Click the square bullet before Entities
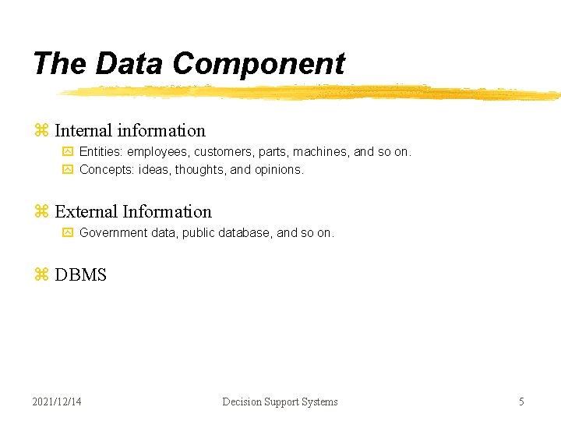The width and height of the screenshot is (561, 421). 67,151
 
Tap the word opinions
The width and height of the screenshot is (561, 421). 278,169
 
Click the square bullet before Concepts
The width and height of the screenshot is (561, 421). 67,169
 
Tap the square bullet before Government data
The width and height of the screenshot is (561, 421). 67,232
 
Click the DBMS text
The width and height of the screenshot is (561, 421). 80,275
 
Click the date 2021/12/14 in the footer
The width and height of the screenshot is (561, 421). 57,402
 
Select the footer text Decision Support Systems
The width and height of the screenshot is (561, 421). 280,402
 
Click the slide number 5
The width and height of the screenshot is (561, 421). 521,402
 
